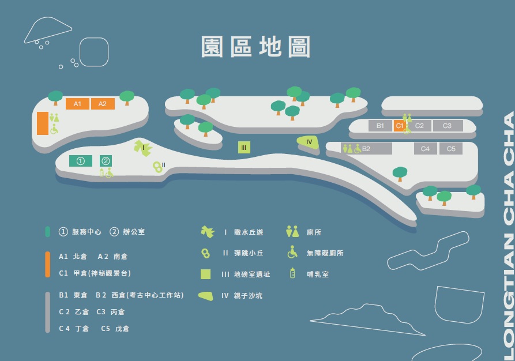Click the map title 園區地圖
pyautogui.click(x=256, y=47)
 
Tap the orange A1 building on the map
pyautogui.click(x=77, y=104)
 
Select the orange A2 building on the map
pyautogui.click(x=103, y=104)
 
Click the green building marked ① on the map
pyautogui.click(x=81, y=161)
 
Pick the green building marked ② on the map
pyautogui.click(x=106, y=161)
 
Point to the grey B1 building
pyautogui.click(x=380, y=126)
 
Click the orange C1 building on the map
pyautogui.click(x=399, y=126)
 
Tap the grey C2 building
pyautogui.click(x=419, y=126)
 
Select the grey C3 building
pyautogui.click(x=447, y=126)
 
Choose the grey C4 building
pyautogui.click(x=425, y=149)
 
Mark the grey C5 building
pyautogui.click(x=451, y=149)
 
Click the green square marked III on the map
pyautogui.click(x=244, y=148)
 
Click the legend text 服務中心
pyautogui.click(x=87, y=232)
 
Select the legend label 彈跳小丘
pyautogui.click(x=249, y=253)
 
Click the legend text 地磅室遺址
pyautogui.click(x=252, y=274)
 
